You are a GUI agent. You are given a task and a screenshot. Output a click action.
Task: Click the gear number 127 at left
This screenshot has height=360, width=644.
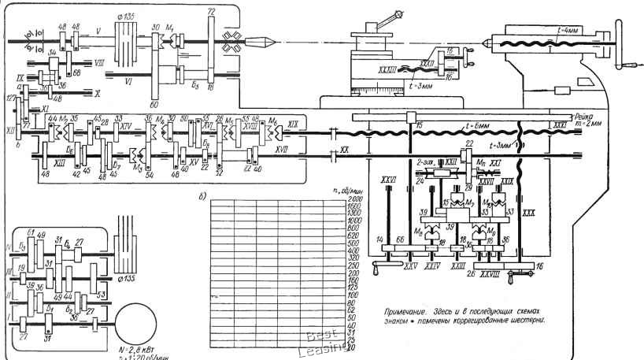click(9, 98)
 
